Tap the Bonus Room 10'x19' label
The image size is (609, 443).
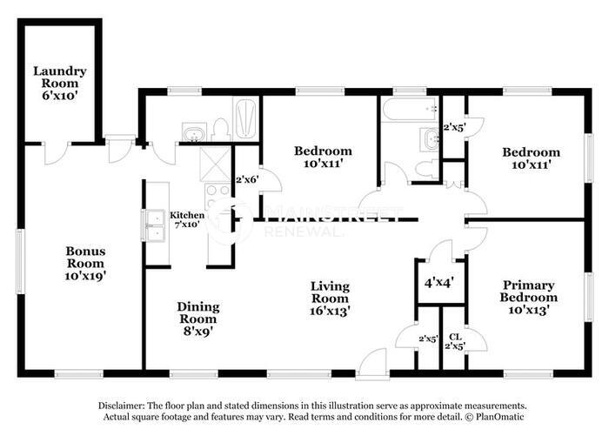85,263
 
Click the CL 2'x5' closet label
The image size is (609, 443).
455,341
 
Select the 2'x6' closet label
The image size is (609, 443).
247,180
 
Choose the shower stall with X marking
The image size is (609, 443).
212,161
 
